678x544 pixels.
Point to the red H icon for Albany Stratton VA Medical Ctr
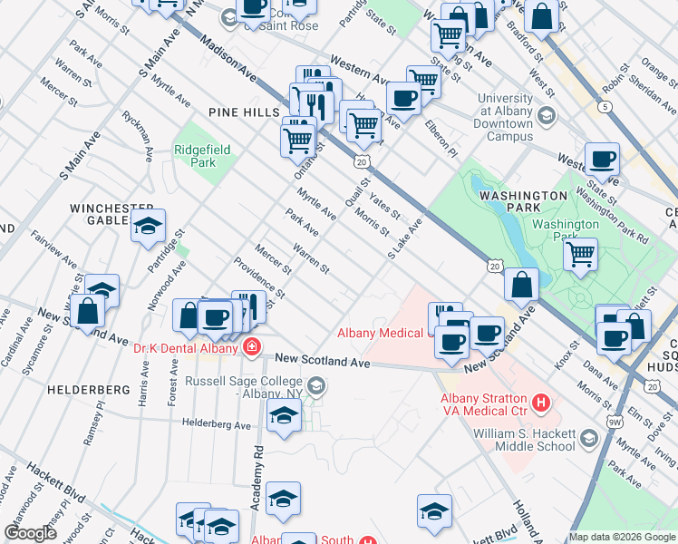tap(541, 401)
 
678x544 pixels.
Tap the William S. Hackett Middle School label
tap(523, 439)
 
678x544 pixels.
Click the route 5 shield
tap(605, 106)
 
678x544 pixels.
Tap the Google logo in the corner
tap(31, 533)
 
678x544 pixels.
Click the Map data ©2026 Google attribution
tap(622, 537)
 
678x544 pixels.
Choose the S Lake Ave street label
tap(405, 238)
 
